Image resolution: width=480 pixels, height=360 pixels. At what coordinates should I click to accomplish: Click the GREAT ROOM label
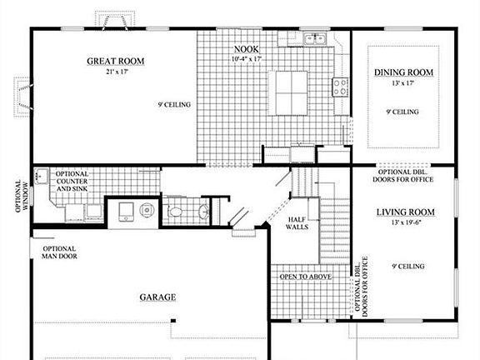pyautogui.click(x=117, y=61)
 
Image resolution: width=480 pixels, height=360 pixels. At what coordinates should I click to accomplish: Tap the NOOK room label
pyautogui.click(x=247, y=49)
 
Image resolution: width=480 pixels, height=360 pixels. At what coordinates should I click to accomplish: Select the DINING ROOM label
pyautogui.click(x=403, y=73)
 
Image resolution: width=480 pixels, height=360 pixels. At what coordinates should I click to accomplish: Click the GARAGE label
pyautogui.click(x=157, y=297)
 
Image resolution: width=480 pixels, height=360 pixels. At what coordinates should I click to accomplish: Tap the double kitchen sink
pyautogui.click(x=315, y=38)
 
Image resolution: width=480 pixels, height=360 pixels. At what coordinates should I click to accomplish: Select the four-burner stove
pyautogui.click(x=340, y=85)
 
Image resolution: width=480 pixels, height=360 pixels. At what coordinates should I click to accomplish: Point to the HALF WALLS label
pyautogui.click(x=298, y=225)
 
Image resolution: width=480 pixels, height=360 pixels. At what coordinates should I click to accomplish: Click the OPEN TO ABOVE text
pyautogui.click(x=306, y=277)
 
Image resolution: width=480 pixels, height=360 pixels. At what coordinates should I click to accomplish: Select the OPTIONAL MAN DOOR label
pyautogui.click(x=58, y=253)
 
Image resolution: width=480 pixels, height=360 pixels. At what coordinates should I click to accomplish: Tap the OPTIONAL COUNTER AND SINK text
pyautogui.click(x=72, y=182)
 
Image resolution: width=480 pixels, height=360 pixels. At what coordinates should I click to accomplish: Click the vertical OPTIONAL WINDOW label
pyautogui.click(x=21, y=195)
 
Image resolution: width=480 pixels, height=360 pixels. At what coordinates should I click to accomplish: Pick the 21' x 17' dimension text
pyautogui.click(x=116, y=72)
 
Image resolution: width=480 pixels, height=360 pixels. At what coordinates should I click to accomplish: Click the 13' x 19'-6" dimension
pyautogui.click(x=406, y=222)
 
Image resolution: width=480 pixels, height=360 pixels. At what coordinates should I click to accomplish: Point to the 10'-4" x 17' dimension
pyautogui.click(x=247, y=59)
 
